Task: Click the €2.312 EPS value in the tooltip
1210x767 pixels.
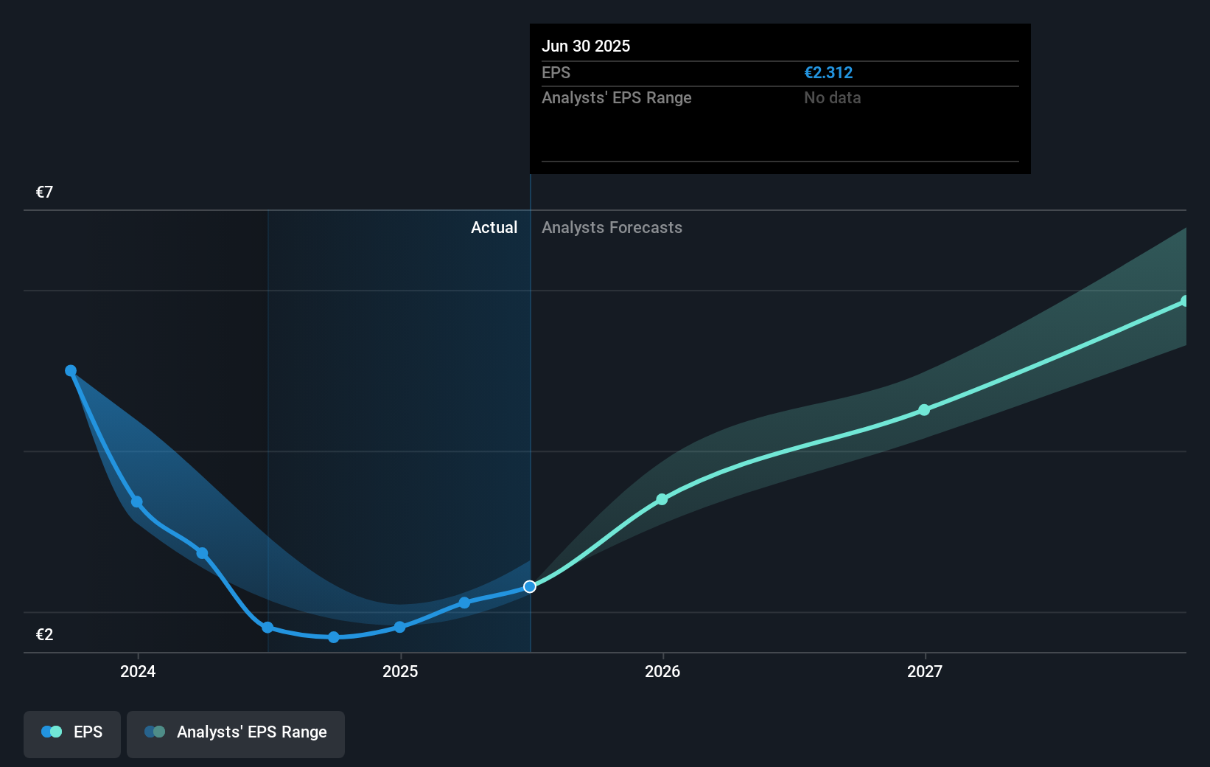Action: [x=828, y=73]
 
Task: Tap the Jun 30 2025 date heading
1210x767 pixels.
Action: [x=586, y=46]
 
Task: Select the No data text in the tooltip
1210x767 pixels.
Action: [x=832, y=98]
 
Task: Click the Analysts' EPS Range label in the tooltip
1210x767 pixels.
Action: [x=616, y=98]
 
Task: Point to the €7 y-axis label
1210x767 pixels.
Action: [x=44, y=192]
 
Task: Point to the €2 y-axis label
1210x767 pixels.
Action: [x=44, y=635]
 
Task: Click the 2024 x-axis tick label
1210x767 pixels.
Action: [x=138, y=672]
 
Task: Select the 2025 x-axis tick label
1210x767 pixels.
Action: [x=400, y=672]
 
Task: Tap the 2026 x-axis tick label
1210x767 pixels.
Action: [x=662, y=672]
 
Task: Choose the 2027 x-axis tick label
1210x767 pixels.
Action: [x=925, y=672]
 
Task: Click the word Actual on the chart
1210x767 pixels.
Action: [x=494, y=228]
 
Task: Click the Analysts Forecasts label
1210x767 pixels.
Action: [x=612, y=228]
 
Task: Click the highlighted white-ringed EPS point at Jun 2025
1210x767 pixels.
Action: [x=530, y=587]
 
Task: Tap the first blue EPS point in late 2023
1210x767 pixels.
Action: [x=71, y=371]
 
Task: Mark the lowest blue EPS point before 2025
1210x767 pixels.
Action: [x=334, y=637]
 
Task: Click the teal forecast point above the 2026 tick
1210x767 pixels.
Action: [x=662, y=500]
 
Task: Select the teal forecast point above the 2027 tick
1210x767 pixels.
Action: [x=924, y=410]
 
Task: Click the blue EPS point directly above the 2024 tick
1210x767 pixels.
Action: [x=137, y=502]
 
